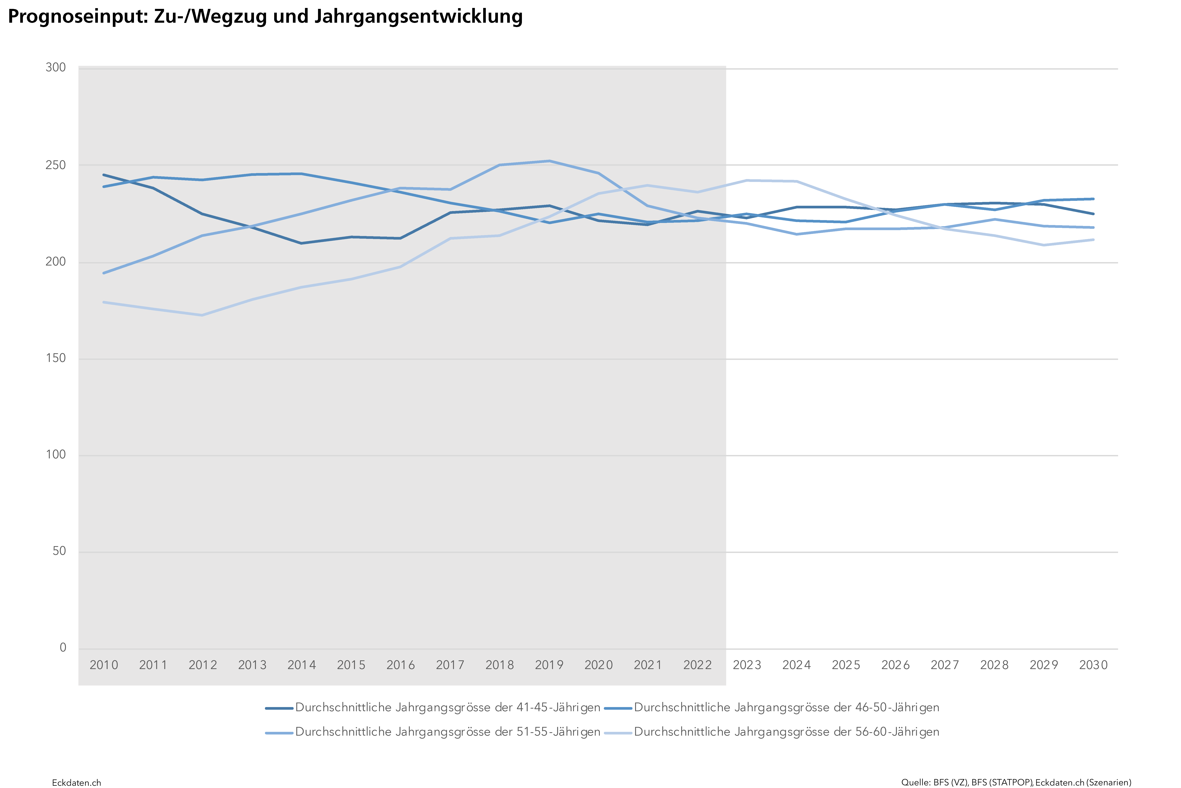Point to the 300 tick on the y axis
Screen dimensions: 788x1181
coord(56,67)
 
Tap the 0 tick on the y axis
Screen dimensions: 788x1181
coord(63,647)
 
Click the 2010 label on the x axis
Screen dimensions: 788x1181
coord(103,665)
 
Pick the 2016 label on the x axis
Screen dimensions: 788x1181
coord(400,665)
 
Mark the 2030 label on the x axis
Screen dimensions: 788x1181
coord(1093,665)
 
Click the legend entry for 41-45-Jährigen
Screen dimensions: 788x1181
coord(447,708)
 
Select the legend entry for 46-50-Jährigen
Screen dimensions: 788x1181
coord(786,708)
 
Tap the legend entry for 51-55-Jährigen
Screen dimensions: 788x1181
coord(447,732)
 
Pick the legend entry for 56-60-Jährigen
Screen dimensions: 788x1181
coord(786,732)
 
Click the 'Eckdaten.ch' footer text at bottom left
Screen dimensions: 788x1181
coord(76,783)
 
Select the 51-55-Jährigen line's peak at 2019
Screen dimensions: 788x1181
coord(549,161)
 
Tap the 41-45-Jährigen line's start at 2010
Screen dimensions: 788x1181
coord(103,175)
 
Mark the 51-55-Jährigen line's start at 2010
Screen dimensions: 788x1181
coord(103,273)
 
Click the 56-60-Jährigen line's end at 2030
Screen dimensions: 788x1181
coord(1093,240)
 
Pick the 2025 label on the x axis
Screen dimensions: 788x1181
coord(846,665)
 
